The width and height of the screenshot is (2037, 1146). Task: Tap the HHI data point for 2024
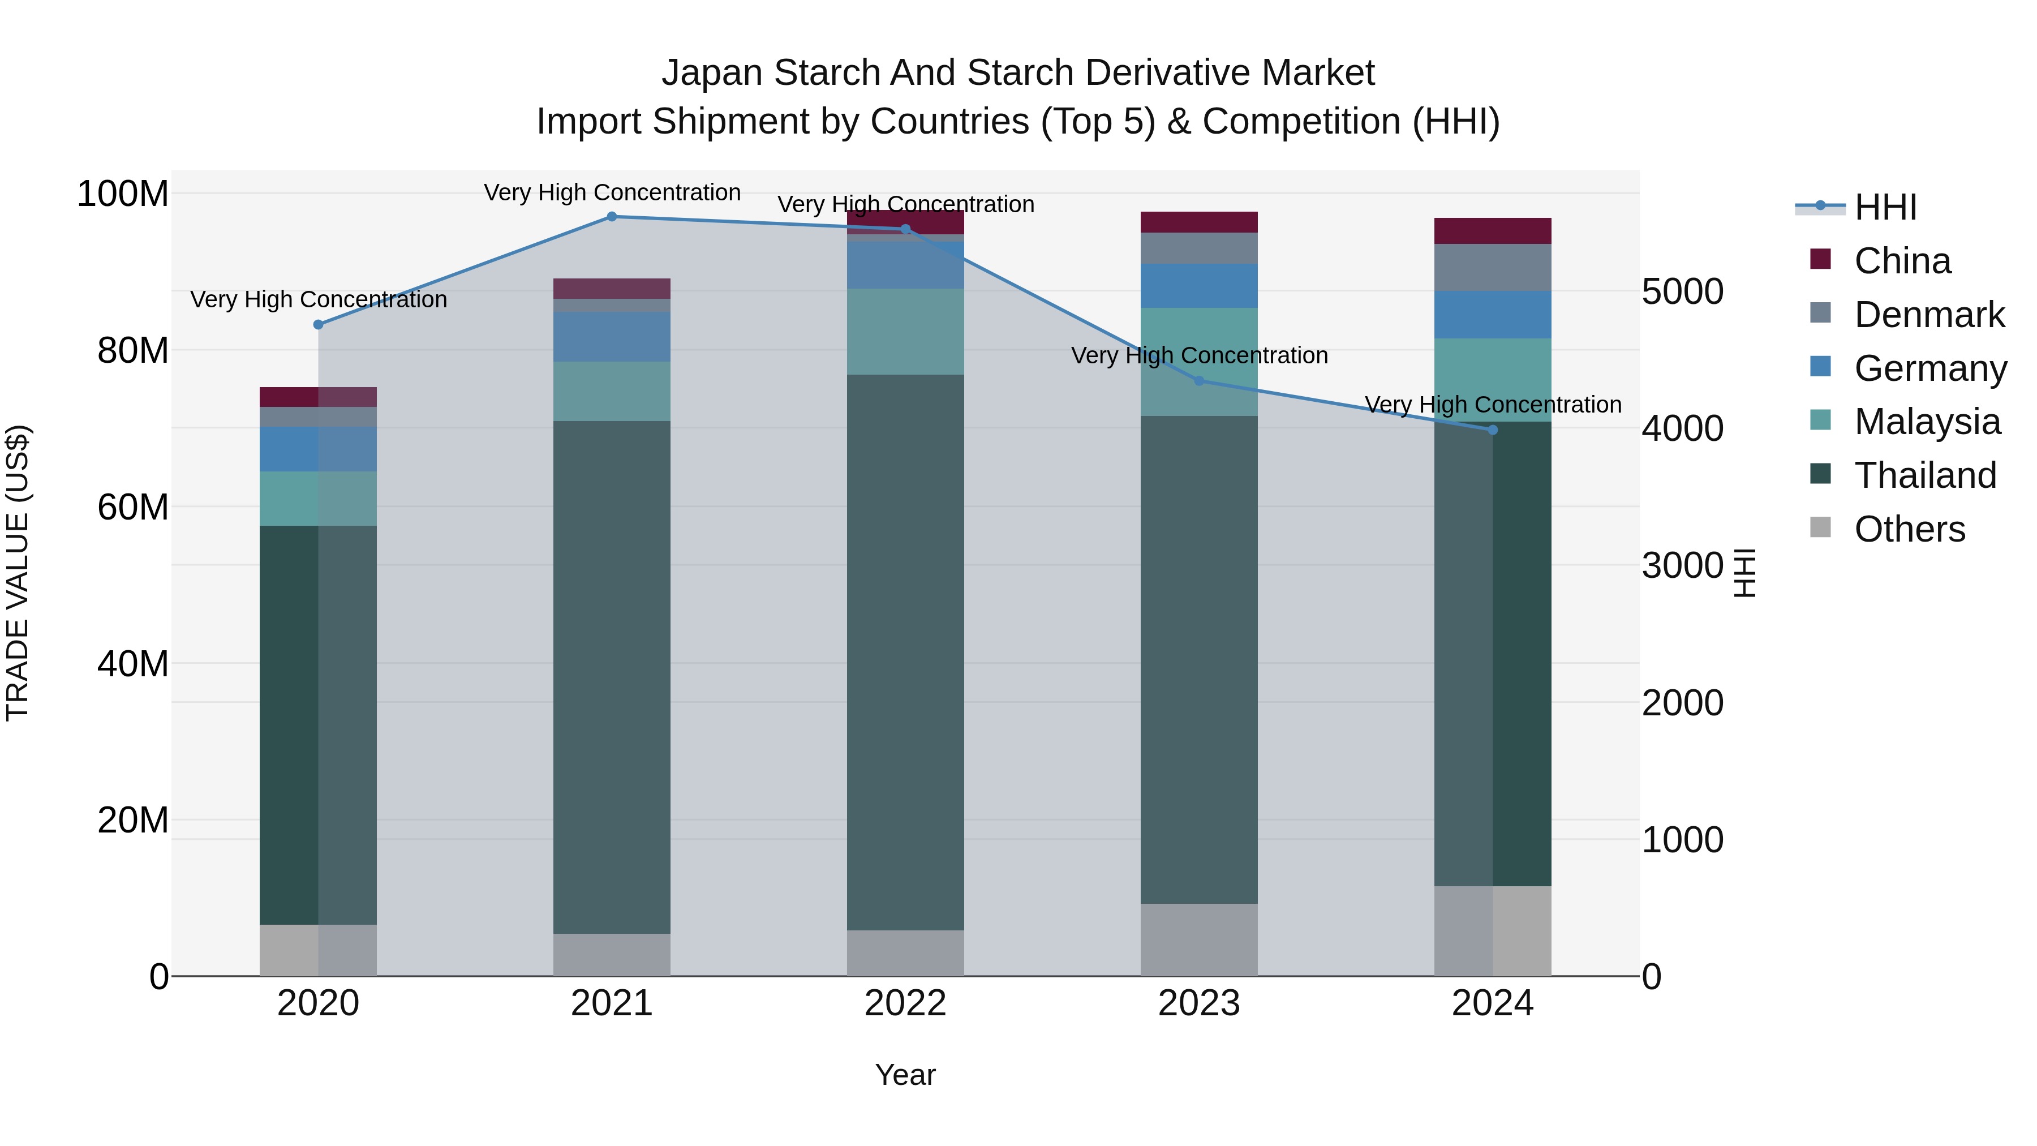pyautogui.click(x=1493, y=430)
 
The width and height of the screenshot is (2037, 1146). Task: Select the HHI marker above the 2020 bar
pyautogui.click(x=319, y=325)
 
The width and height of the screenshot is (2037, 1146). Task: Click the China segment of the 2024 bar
pyautogui.click(x=1493, y=231)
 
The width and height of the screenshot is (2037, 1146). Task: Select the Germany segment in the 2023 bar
pyautogui.click(x=1199, y=286)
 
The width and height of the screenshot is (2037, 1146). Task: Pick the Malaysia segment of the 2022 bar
pyautogui.click(x=905, y=332)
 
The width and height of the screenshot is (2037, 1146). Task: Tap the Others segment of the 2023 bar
pyautogui.click(x=1199, y=939)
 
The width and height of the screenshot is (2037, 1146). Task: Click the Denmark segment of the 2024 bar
pyautogui.click(x=1493, y=267)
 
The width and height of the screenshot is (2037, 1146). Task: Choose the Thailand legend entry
pyautogui.click(x=1926, y=475)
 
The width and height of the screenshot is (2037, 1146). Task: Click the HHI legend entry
pyautogui.click(x=1885, y=207)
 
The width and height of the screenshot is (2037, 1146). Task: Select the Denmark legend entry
pyautogui.click(x=1929, y=315)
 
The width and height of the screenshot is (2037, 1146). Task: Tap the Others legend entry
pyautogui.click(x=1909, y=529)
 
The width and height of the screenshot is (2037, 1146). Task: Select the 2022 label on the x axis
pyautogui.click(x=905, y=1003)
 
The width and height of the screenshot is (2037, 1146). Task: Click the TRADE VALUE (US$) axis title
pyautogui.click(x=18, y=573)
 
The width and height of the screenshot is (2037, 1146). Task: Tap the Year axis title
pyautogui.click(x=905, y=1075)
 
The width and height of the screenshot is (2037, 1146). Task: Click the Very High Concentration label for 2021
pyautogui.click(x=612, y=193)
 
